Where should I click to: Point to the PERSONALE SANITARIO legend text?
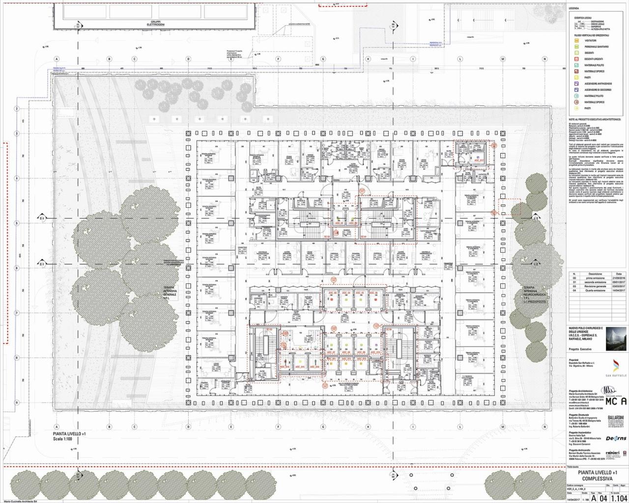(x=597, y=47)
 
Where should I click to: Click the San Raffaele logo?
(x=617, y=368)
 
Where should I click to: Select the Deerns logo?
(x=616, y=438)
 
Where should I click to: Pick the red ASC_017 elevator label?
(x=479, y=161)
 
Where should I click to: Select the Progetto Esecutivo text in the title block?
(x=580, y=349)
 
